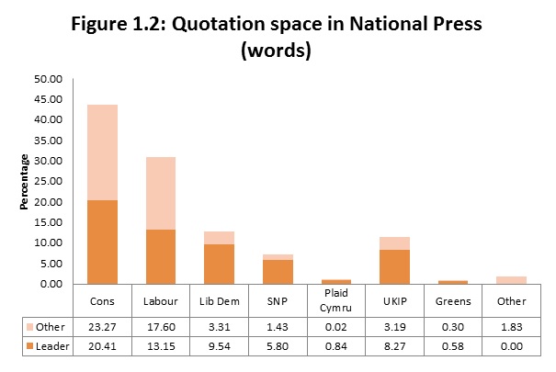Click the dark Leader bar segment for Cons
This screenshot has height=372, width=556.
(x=103, y=242)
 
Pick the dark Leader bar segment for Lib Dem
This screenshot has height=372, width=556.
(x=220, y=264)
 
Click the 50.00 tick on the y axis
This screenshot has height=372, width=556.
(x=49, y=78)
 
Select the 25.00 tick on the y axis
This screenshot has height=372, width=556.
(x=49, y=181)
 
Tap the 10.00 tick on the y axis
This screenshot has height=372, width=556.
(x=49, y=242)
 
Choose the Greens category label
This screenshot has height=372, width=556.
(x=453, y=300)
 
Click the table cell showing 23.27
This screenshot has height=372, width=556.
(x=103, y=326)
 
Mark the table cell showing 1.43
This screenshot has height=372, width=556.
(x=278, y=326)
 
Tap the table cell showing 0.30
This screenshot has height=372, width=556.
(x=453, y=326)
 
